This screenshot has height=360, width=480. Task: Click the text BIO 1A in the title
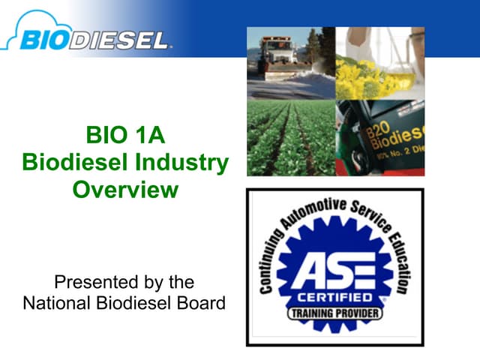point(125,136)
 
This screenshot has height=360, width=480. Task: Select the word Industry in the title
point(187,163)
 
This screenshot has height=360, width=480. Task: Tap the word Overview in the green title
point(125,189)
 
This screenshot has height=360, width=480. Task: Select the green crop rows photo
point(290,138)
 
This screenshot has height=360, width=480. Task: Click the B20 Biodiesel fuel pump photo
point(379,138)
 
